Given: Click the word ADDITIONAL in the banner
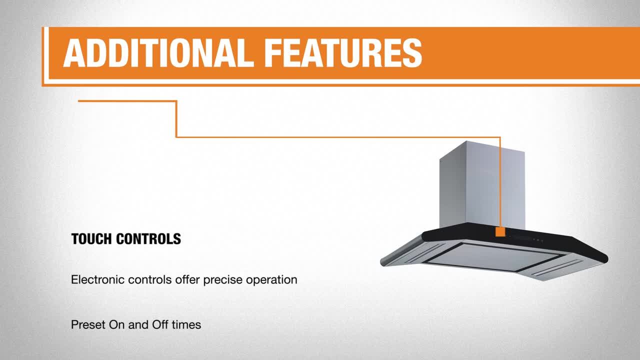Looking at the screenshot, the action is click(x=158, y=53).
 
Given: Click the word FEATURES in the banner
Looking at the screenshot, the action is click(x=343, y=53).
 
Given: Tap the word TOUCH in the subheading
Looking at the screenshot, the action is click(x=91, y=239).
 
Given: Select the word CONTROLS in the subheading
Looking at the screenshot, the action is click(x=148, y=239).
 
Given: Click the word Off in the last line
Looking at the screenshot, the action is click(x=160, y=325).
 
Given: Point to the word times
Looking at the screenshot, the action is click(x=186, y=325).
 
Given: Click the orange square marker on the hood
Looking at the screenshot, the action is click(x=500, y=232).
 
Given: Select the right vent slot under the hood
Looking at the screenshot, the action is click(x=557, y=268).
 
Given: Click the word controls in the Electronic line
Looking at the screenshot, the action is click(x=149, y=279).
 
